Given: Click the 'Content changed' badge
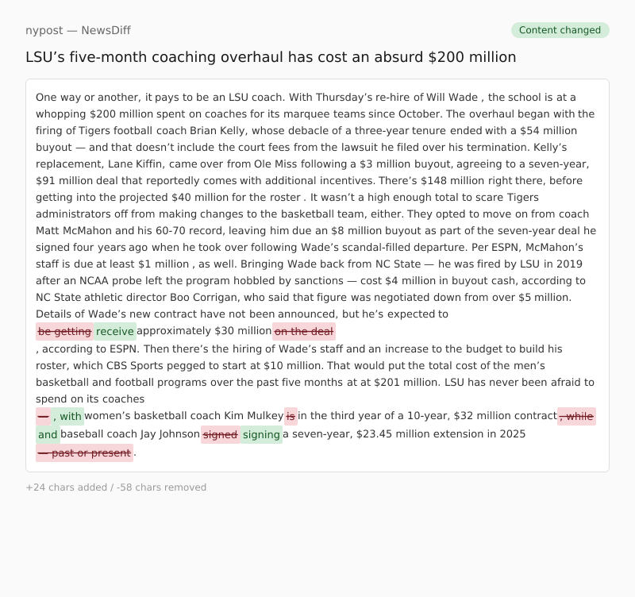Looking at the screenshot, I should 560,30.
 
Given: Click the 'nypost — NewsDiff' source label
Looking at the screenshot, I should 78,30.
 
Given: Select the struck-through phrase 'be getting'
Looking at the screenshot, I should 64,331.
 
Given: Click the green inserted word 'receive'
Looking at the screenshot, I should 115,331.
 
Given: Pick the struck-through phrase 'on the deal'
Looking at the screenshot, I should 304,331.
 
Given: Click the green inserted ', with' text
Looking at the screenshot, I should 67,416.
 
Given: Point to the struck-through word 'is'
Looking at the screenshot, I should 291,416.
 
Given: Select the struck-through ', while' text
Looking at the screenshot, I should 576,416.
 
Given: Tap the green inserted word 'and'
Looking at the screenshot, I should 48,434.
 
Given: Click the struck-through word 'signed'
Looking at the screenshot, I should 220,434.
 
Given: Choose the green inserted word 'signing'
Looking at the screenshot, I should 261,434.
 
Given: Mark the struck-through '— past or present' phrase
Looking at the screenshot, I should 84,453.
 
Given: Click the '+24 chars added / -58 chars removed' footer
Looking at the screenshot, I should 116,487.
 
